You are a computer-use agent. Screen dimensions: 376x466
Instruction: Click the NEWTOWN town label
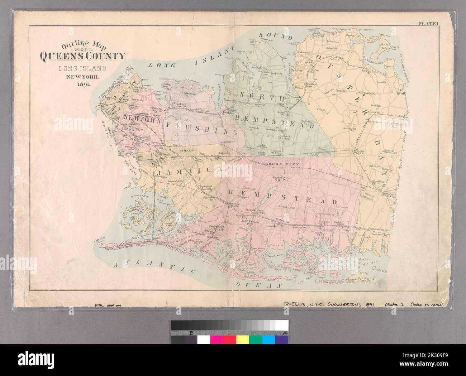point(141,117)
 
